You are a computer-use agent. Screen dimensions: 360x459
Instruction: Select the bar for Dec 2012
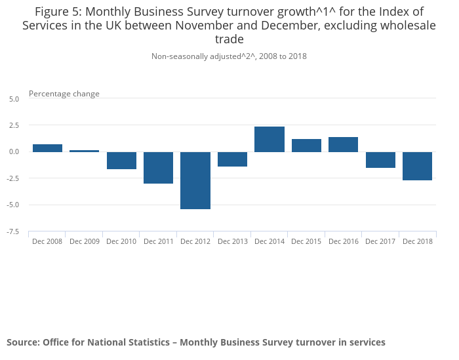tap(195, 180)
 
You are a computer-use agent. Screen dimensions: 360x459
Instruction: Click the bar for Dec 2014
tap(269, 139)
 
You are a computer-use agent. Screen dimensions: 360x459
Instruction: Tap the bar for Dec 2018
tap(417, 166)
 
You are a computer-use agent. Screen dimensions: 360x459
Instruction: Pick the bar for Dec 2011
tap(159, 167)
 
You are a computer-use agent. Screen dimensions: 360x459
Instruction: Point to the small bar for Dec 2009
tap(85, 151)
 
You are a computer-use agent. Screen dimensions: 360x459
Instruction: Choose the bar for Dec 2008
tap(47, 148)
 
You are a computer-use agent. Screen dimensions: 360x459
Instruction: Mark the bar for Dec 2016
tap(343, 144)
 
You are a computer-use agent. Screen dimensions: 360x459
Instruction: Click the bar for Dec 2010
tap(121, 160)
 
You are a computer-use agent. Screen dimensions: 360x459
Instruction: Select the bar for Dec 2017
tap(380, 159)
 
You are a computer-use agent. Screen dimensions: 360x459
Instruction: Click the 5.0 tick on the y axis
tap(14, 98)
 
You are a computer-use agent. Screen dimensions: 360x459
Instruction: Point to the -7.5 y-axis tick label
tap(14, 231)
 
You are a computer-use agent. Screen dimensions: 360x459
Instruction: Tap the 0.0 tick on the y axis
tap(14, 151)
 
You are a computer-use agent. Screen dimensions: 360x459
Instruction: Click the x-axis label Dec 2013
tap(233, 241)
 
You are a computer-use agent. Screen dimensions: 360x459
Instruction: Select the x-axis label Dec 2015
tap(306, 241)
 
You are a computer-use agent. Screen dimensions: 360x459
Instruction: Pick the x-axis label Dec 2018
tap(417, 241)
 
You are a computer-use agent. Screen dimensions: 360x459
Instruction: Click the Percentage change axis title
tap(64, 94)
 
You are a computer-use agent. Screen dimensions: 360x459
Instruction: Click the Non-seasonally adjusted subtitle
tap(229, 56)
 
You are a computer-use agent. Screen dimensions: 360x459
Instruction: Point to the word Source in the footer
tap(22, 342)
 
